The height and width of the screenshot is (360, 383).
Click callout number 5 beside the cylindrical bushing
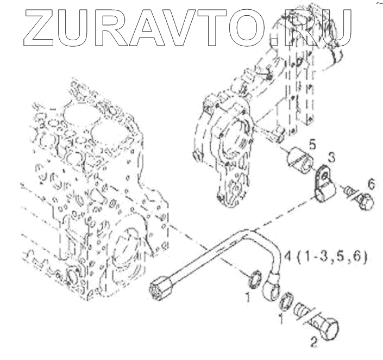[312, 145]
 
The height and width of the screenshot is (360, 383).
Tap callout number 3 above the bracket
[331, 158]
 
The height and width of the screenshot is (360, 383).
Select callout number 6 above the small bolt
[371, 184]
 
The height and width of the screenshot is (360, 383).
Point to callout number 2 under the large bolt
[313, 343]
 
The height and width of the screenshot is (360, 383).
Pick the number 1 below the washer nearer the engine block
[248, 297]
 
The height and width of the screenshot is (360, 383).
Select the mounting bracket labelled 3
[325, 182]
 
